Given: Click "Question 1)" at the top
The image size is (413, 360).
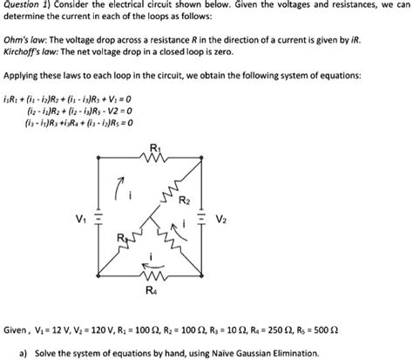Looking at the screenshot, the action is [x=26, y=4].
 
